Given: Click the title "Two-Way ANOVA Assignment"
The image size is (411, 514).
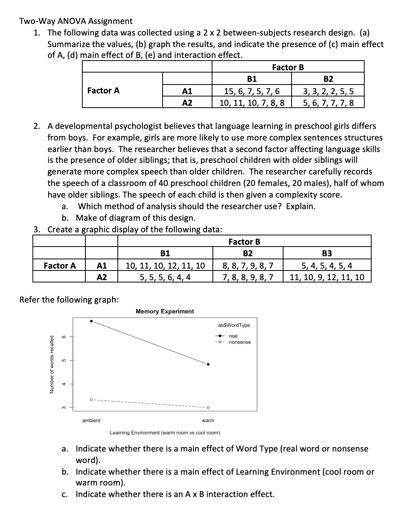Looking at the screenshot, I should tap(76, 21).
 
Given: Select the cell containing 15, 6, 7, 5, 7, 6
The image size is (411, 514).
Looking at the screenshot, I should tap(252, 91).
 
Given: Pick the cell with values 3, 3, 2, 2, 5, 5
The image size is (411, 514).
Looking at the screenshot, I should tap(328, 91).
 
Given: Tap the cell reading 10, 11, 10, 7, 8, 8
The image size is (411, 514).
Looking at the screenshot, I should tap(252, 103).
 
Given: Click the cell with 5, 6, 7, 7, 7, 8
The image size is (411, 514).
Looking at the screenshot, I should tap(328, 103).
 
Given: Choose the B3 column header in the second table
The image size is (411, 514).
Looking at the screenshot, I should tap(327, 254).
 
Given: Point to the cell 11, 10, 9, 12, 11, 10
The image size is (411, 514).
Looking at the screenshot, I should tap(327, 277).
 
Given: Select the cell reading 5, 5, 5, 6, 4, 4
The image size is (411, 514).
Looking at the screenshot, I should tap(165, 277).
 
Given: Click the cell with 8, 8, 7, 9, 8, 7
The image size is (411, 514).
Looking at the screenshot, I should tap(248, 265).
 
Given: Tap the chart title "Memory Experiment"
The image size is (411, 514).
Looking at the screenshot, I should tap(165, 311).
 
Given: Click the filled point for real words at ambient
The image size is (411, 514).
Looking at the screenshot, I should tap(92, 321).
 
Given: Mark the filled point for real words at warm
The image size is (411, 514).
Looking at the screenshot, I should tap(208, 364).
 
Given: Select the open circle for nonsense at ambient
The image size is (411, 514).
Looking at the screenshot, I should tap(92, 399).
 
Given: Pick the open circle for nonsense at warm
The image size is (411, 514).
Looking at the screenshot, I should tap(208, 407).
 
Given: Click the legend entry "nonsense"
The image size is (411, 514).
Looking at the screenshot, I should tap(239, 342).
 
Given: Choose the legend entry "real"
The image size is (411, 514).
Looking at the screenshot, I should tap(233, 336).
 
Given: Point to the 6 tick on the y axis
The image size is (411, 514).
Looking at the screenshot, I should tap(65, 337).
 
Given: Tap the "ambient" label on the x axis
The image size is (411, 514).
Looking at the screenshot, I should tap(92, 420).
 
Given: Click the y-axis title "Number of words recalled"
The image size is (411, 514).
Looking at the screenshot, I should tap(51, 364).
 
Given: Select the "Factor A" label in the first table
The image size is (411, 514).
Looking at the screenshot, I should tap(104, 91).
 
